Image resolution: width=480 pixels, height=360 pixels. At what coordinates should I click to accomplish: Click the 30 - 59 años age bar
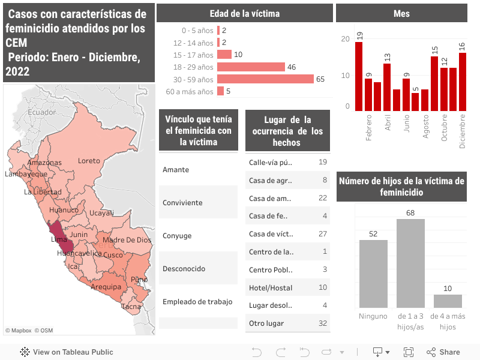point(265,79)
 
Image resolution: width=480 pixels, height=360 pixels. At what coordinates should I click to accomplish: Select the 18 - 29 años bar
point(251,67)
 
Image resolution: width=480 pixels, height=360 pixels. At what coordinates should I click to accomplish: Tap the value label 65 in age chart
point(320,79)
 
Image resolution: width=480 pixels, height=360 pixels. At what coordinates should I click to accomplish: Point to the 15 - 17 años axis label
point(193,55)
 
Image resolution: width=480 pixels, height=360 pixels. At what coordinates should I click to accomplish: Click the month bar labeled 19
point(359,76)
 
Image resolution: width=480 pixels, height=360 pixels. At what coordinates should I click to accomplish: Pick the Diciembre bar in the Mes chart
point(463,82)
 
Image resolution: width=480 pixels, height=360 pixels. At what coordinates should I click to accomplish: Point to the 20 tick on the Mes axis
point(345,39)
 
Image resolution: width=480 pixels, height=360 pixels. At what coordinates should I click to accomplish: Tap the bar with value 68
point(410,263)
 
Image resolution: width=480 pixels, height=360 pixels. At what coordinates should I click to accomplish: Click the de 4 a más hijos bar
point(448,301)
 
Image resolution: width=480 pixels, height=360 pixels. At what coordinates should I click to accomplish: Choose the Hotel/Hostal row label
point(271,288)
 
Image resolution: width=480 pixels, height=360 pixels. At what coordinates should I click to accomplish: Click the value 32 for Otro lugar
point(323,324)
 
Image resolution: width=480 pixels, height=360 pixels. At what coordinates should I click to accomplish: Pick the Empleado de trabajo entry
point(197,302)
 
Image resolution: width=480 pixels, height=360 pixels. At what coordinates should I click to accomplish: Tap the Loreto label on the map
point(89,161)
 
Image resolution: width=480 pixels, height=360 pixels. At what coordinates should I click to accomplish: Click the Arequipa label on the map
point(106,287)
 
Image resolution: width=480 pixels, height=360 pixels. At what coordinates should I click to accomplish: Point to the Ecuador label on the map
point(41,112)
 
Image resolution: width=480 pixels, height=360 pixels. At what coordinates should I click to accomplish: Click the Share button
point(443,352)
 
